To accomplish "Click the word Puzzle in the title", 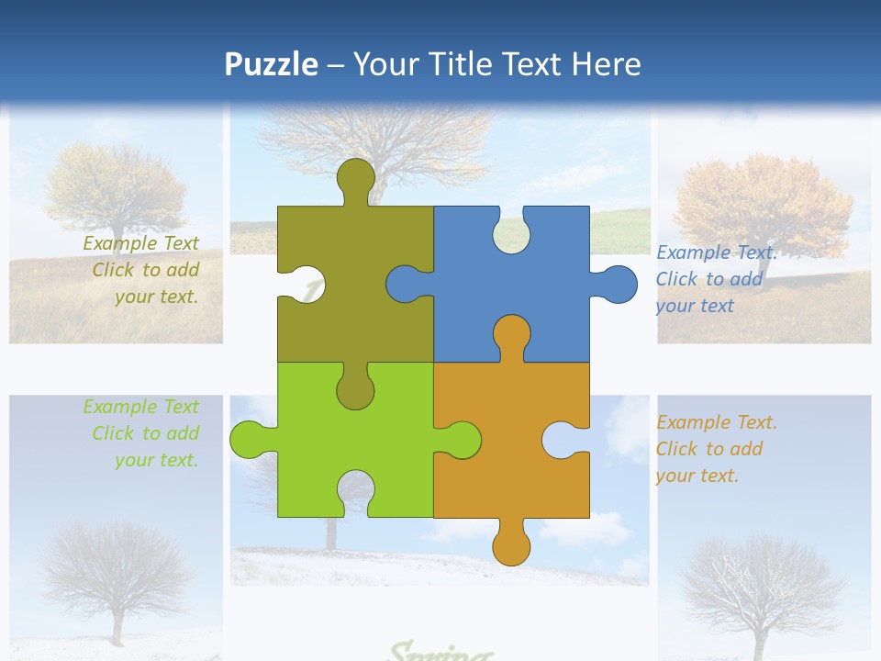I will pos(271,64).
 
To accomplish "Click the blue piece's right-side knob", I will pos(616,284).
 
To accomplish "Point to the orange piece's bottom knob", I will pos(511,543).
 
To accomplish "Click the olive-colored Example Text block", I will pos(143,270).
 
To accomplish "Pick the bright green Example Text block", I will pos(143,433).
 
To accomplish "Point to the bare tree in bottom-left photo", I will pos(115,569).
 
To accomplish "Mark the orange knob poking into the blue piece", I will pos(511,336).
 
